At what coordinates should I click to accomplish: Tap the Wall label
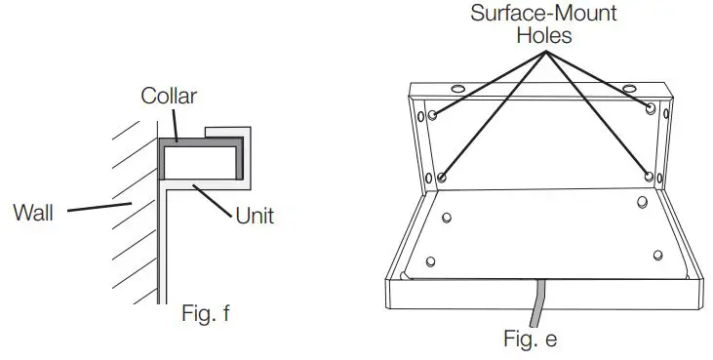32,211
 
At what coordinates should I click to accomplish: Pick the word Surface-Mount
541,16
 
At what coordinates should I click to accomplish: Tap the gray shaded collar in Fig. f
200,141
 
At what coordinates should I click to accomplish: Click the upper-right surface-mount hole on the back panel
651,106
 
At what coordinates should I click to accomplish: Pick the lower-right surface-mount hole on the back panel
650,177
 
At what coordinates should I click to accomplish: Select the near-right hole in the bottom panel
658,255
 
